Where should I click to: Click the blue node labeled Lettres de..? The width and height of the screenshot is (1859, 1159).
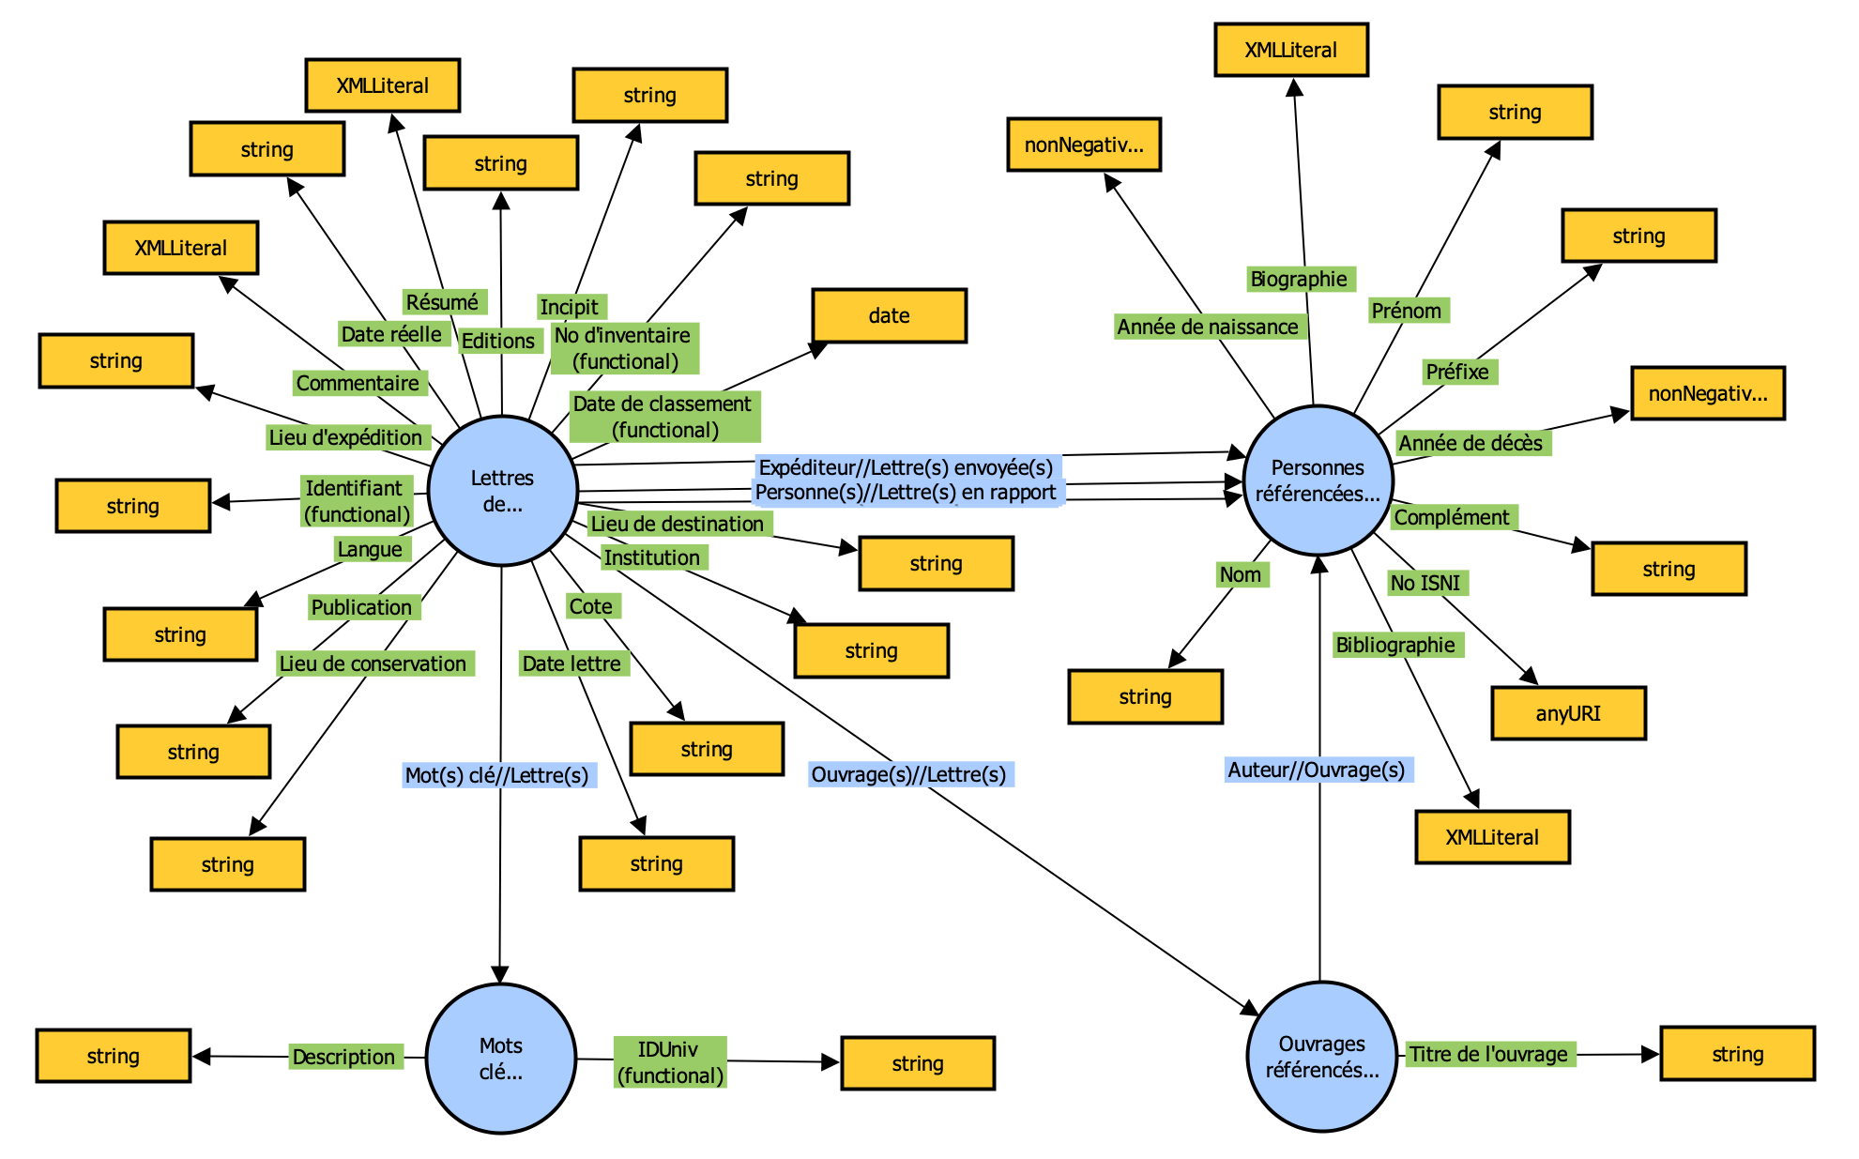pos(502,491)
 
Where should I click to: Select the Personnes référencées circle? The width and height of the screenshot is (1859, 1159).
pos(1318,480)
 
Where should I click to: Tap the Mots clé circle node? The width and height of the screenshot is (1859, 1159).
pos(500,1059)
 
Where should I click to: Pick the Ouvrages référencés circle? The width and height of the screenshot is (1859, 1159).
pos(1321,1057)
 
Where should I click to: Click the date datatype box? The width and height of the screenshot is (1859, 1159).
pos(889,315)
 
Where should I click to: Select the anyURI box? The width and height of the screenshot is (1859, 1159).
pos(1568,713)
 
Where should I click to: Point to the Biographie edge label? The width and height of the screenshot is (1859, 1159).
pos(1299,279)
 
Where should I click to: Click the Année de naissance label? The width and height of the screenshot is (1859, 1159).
pos(1208,327)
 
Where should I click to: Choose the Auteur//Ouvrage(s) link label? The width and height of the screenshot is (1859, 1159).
pos(1317,770)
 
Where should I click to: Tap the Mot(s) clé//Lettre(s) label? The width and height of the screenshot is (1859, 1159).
pos(496,775)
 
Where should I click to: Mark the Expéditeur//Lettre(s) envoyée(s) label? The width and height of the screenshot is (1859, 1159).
pos(906,467)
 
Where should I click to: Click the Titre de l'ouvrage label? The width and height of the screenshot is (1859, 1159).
pos(1488,1054)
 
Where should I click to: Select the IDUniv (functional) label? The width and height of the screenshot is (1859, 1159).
pos(670,1062)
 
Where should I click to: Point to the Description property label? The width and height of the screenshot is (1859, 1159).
pos(343,1057)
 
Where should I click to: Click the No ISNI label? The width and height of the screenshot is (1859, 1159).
pos(1425,583)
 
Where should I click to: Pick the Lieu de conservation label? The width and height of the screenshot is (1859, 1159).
pos(373,663)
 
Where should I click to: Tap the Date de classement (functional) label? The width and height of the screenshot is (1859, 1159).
pos(663,417)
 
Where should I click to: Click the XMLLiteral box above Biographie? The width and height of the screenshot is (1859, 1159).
pos(1290,50)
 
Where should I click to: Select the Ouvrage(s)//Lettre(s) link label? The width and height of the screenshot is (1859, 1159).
pos(908,774)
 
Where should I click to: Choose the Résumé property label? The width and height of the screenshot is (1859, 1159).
pos(442,302)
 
